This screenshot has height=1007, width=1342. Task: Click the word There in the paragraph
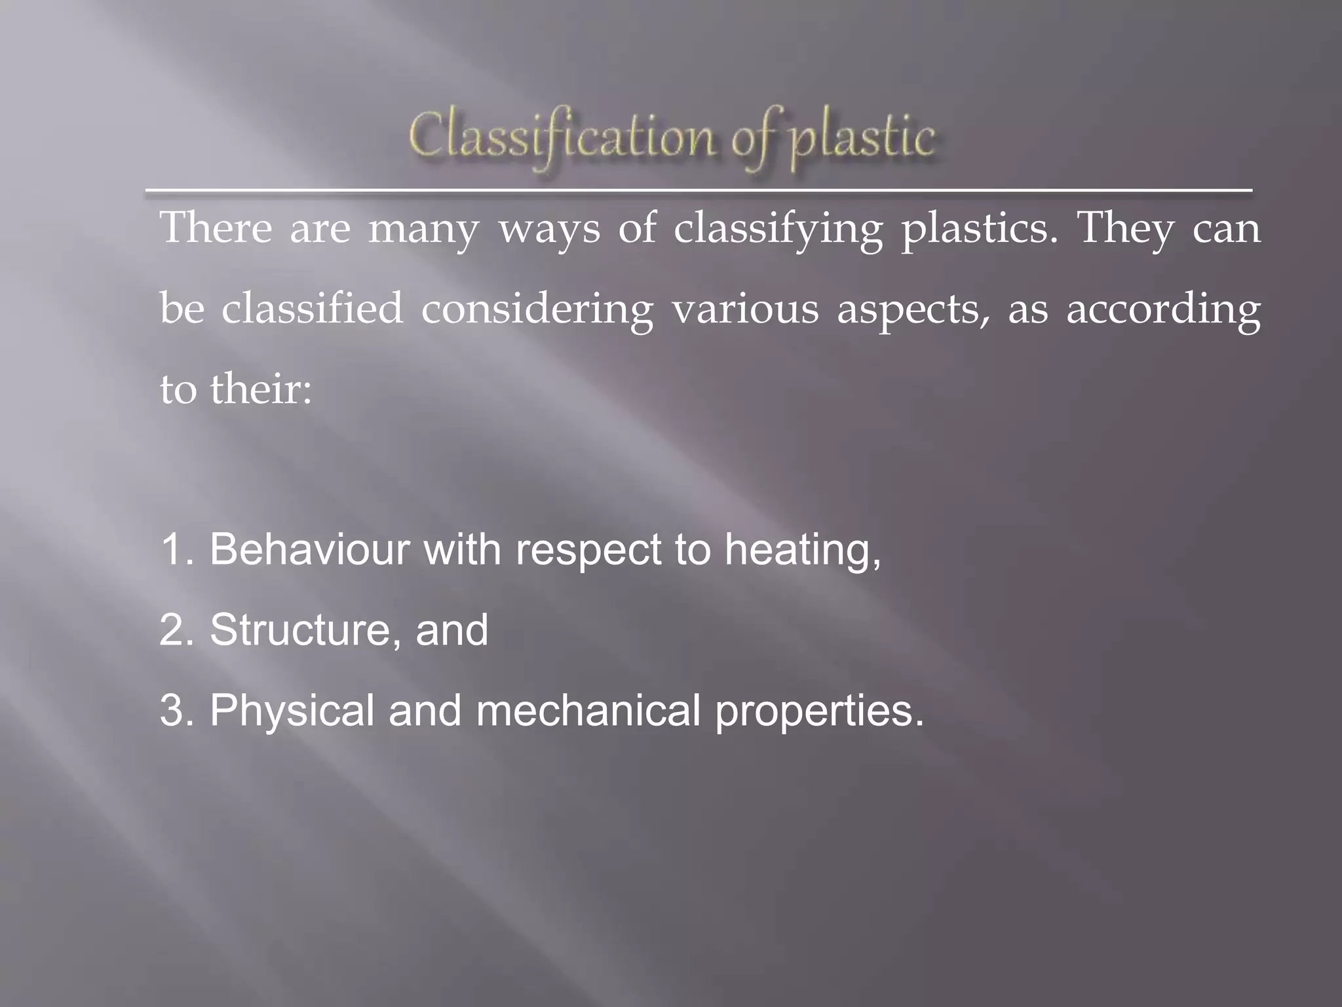216,228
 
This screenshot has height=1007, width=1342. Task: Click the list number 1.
176,549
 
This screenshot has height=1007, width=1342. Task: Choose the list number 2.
176,630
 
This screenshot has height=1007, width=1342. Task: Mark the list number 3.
176,711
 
